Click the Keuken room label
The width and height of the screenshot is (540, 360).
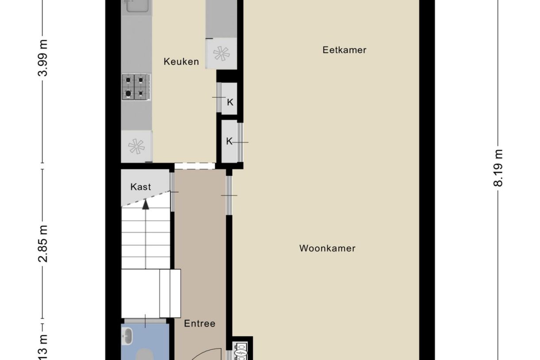[181, 62]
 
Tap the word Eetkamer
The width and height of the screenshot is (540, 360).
[344, 50]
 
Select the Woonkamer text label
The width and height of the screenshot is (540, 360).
[327, 248]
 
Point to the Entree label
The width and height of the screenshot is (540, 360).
[200, 324]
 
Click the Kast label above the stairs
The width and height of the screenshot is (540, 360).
[140, 187]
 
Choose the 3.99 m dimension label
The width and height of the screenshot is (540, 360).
[43, 58]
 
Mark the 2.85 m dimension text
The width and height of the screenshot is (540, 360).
[43, 244]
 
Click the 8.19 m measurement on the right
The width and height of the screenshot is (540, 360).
[498, 168]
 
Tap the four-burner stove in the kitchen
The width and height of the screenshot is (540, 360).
[135, 87]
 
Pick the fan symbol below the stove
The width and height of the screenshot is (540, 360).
[136, 146]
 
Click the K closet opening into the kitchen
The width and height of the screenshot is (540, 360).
[230, 102]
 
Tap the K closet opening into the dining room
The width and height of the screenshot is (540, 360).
[229, 142]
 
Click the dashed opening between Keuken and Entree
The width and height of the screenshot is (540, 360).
[195, 166]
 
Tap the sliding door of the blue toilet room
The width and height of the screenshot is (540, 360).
[145, 320]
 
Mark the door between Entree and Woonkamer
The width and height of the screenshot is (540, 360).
[229, 195]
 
